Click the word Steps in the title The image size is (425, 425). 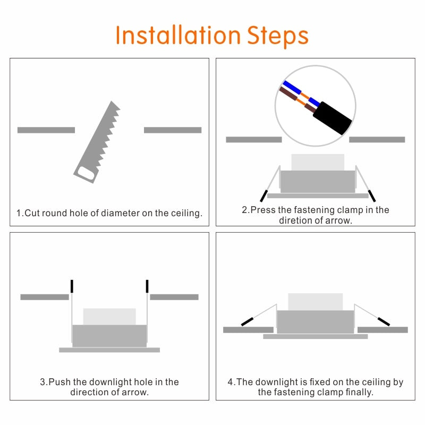278,36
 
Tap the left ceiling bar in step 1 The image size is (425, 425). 46,130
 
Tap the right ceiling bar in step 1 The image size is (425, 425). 173,130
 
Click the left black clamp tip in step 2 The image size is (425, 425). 263,195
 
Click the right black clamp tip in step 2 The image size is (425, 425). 372,195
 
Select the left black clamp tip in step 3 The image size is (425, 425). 72,286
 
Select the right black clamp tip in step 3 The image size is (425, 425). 147,286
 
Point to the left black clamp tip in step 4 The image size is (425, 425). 247,321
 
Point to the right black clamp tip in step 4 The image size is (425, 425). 384,321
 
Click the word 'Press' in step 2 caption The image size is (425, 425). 263,210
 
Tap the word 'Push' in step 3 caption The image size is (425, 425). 59,382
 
